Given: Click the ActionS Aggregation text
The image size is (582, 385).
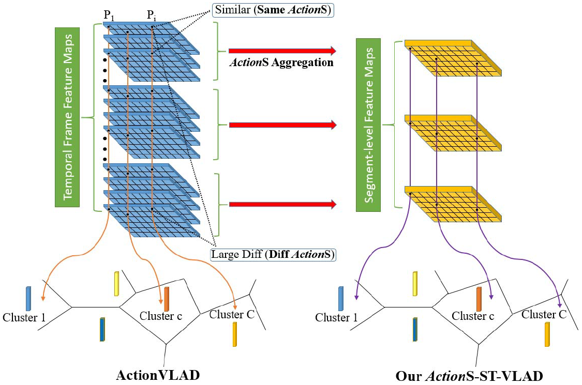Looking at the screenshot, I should click(x=281, y=63).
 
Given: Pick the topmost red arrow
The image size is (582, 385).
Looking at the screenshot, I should click(x=282, y=51).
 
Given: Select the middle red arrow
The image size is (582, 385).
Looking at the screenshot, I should click(x=282, y=125).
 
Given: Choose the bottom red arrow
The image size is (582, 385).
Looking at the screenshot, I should click(x=282, y=205).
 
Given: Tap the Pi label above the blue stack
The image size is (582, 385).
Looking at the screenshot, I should click(x=152, y=16).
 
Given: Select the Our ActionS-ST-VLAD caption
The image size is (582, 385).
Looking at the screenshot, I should click(x=469, y=376).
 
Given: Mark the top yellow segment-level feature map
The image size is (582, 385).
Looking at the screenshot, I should click(x=452, y=57).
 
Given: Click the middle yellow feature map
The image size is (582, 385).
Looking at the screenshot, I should click(x=452, y=132).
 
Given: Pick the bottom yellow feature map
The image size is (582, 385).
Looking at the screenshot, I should click(x=452, y=203).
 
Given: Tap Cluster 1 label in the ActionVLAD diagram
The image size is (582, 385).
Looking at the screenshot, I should click(x=23, y=317).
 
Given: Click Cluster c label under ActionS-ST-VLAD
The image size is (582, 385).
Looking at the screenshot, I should click(x=472, y=315).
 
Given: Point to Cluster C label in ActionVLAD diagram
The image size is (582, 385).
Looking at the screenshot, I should click(x=232, y=314).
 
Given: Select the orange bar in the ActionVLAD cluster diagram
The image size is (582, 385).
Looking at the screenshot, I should click(x=167, y=299).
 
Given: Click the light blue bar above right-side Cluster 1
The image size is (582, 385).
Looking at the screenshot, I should click(x=341, y=298).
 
